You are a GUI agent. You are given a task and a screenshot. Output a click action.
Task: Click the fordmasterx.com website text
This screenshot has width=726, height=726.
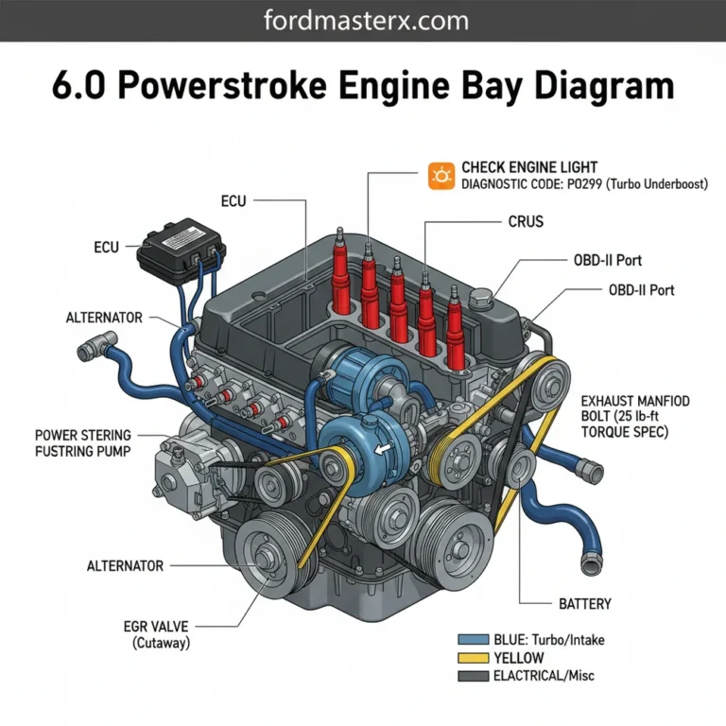click(x=363, y=20)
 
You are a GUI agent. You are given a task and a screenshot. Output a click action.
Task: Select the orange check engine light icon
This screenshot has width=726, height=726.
click(x=441, y=176)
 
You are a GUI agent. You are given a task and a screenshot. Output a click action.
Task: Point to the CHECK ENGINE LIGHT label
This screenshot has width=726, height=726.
click(x=529, y=167)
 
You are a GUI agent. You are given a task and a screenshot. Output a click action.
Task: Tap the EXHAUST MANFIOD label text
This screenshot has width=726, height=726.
click(x=635, y=401)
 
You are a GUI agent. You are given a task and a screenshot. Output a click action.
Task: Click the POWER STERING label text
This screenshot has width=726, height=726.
click(x=83, y=435)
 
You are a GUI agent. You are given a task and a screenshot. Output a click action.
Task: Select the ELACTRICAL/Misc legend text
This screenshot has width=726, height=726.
click(x=544, y=676)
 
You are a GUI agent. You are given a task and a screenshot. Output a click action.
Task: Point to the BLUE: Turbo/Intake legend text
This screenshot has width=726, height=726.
click(x=549, y=640)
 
